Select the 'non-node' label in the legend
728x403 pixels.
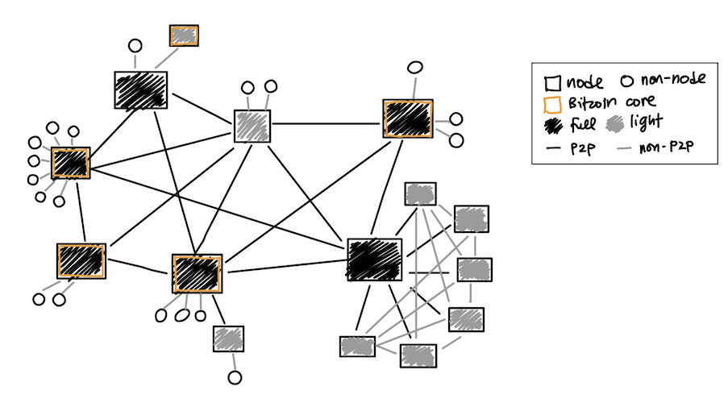click(673, 79)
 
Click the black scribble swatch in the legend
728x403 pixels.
click(554, 125)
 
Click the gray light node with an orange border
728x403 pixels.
click(184, 35)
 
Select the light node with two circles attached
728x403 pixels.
click(252, 126)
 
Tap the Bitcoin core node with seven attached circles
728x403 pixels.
click(71, 163)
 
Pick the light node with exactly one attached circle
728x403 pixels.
click(229, 339)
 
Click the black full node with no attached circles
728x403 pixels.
click(374, 260)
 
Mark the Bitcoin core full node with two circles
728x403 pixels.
click(81, 261)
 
